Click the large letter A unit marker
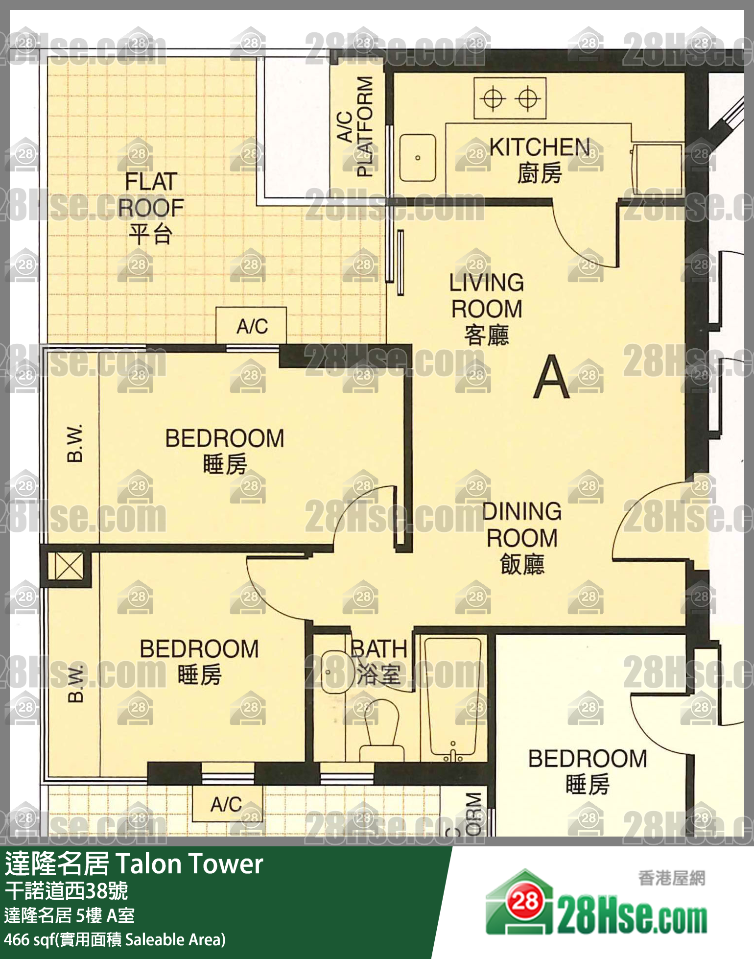pyautogui.click(x=551, y=377)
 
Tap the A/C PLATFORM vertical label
pyautogui.click(x=356, y=126)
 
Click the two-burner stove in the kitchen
pyautogui.click(x=510, y=98)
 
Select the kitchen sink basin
pyautogui.click(x=417, y=158)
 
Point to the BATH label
pyautogui.click(x=379, y=649)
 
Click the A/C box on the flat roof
pyautogui.click(x=251, y=325)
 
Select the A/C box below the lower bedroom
pyautogui.click(x=227, y=804)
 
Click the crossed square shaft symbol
pyautogui.click(x=69, y=567)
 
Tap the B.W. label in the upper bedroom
pyautogui.click(x=75, y=443)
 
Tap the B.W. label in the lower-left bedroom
pyautogui.click(x=75, y=683)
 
